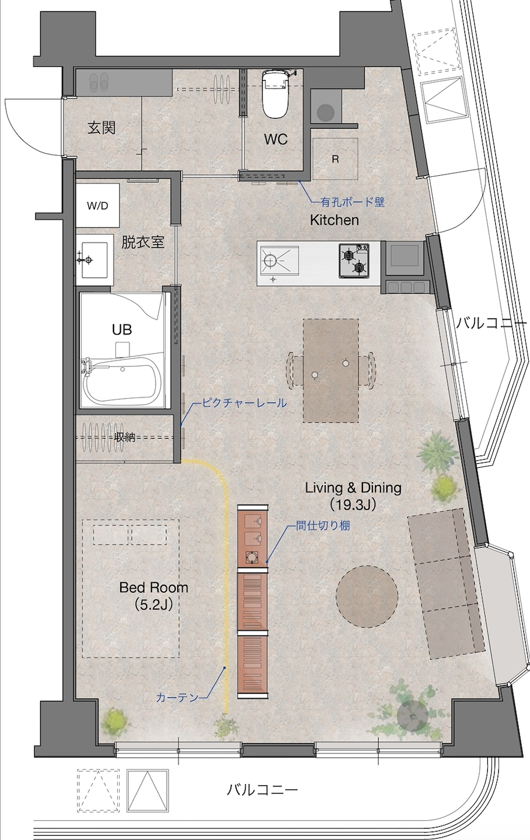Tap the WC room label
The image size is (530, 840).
click(276, 140)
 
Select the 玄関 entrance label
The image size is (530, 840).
click(102, 128)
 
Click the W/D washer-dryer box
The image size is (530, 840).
click(98, 206)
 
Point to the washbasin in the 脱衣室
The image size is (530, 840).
click(94, 259)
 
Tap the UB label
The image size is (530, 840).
click(122, 330)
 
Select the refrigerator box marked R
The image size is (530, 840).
click(335, 159)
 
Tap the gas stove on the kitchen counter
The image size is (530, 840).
click(354, 261)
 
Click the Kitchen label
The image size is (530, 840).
click(335, 220)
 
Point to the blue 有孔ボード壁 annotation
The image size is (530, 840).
click(353, 203)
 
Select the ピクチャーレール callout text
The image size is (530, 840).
click(245, 403)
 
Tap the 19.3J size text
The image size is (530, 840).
click(353, 505)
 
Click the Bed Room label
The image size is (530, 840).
click(154, 587)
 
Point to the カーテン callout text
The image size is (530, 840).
click(177, 697)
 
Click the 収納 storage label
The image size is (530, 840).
click(125, 437)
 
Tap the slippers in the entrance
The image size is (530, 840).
click(99, 82)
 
